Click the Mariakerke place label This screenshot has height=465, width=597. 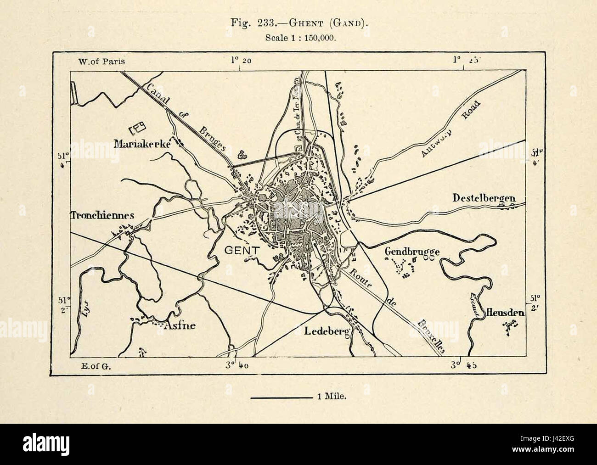click(142, 144)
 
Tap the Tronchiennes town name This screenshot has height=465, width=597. click(102, 215)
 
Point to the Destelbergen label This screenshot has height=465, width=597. click(484, 198)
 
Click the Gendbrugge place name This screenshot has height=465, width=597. click(412, 252)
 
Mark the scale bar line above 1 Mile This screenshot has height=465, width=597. click(282, 396)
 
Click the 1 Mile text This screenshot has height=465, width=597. click(331, 397)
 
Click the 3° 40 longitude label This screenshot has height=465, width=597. click(239, 366)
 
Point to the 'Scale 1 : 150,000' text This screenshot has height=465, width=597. click(301, 38)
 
